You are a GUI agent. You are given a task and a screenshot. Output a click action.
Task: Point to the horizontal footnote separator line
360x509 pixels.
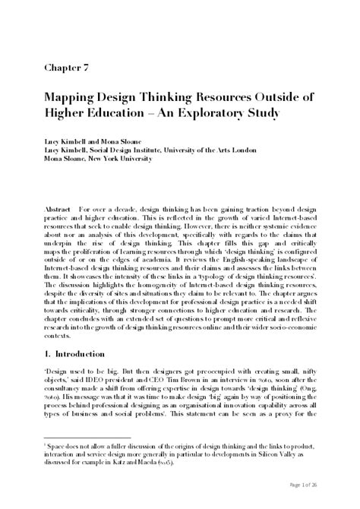(87, 437)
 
